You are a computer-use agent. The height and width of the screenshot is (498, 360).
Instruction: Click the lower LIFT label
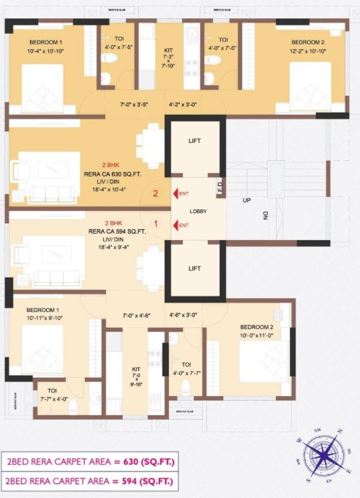click(195, 269)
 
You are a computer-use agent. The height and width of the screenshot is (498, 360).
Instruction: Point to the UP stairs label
click(247, 199)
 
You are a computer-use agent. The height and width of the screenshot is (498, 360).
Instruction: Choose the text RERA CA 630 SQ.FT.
click(117, 174)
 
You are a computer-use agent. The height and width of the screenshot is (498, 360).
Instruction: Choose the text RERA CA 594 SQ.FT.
click(117, 231)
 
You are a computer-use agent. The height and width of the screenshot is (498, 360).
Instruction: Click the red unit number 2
click(155, 194)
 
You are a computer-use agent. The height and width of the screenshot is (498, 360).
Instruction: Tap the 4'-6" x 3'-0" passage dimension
click(184, 315)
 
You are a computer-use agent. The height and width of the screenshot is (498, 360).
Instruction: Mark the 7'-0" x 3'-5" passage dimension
click(135, 105)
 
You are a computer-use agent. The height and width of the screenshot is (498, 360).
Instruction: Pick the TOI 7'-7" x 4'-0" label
click(53, 395)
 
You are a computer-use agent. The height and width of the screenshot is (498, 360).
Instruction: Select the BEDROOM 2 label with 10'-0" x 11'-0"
click(256, 330)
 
